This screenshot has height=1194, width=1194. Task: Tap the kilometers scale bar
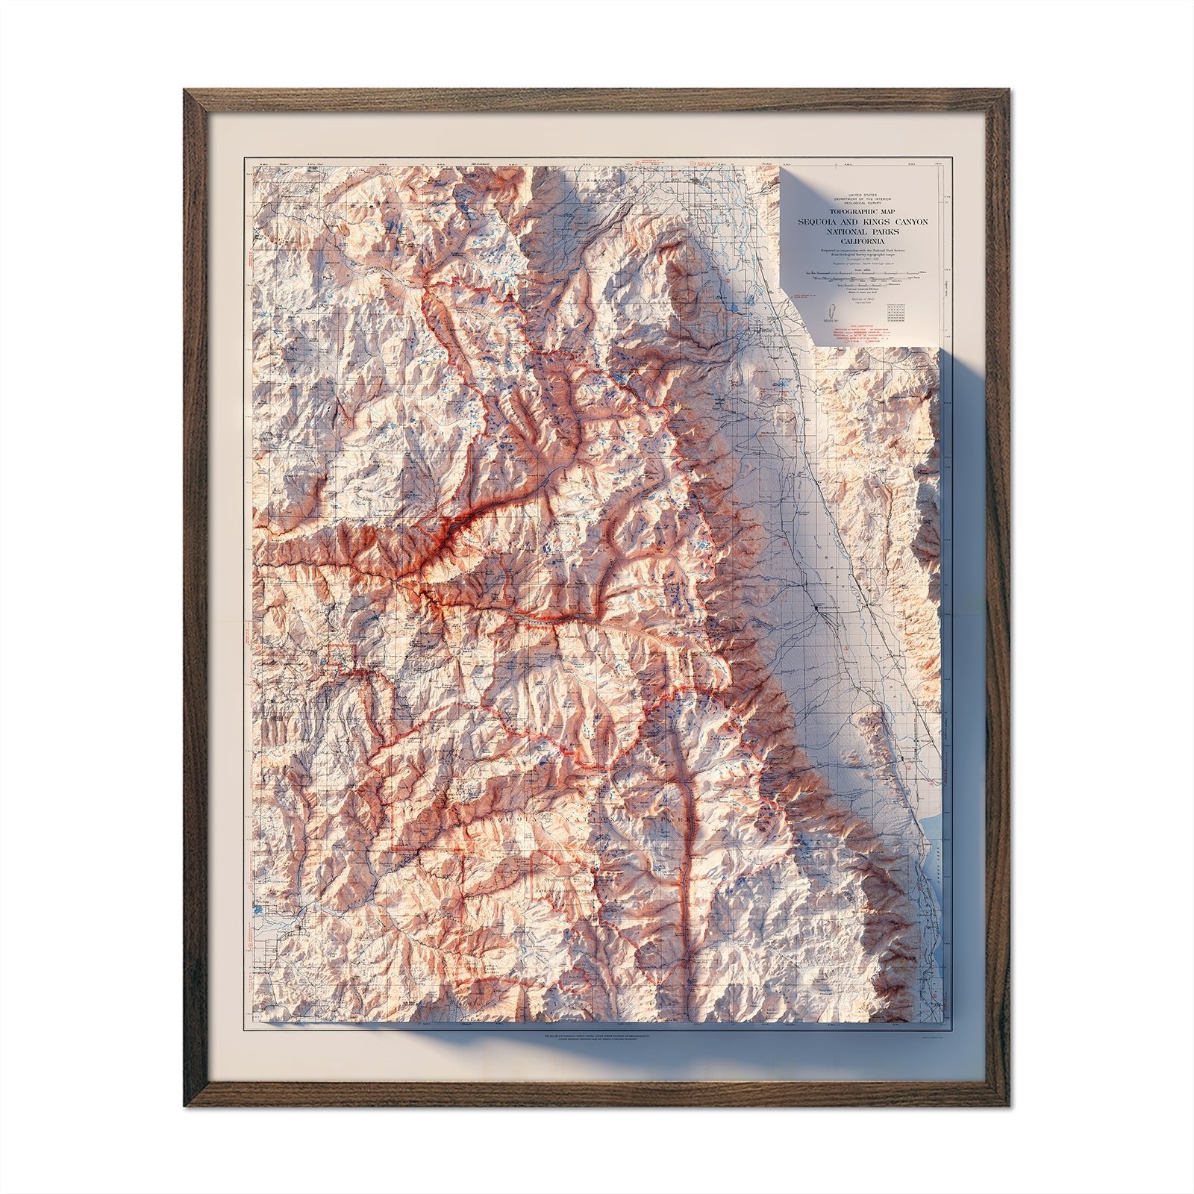(858, 285)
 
